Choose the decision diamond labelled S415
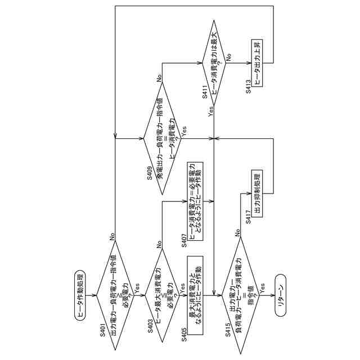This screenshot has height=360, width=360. pyautogui.click(x=242, y=292)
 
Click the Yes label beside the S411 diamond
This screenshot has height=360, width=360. pyautogui.click(x=209, y=111)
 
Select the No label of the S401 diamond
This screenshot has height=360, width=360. pyautogui.click(x=113, y=238)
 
